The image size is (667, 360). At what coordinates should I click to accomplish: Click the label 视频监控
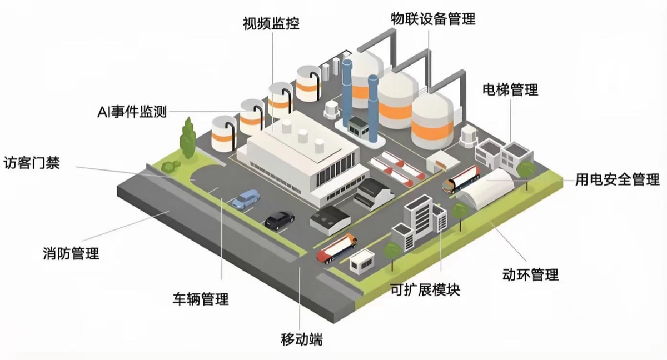pyautogui.click(x=271, y=24)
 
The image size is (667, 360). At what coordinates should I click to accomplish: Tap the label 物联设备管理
pyautogui.click(x=433, y=19)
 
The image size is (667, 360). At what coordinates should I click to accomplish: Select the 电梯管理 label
pyautogui.click(x=510, y=89)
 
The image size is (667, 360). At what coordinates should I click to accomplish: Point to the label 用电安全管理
pyautogui.click(x=618, y=179)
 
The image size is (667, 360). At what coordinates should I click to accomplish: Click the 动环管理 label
pyautogui.click(x=530, y=274)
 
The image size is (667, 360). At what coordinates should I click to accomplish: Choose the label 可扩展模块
pyautogui.click(x=425, y=289)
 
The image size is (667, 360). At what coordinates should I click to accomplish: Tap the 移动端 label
pyautogui.click(x=302, y=339)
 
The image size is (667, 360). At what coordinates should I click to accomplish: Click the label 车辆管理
pyautogui.click(x=201, y=299)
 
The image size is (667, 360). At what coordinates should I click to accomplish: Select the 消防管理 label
pyautogui.click(x=71, y=253)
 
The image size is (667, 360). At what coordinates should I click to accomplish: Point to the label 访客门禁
pyautogui.click(x=32, y=163)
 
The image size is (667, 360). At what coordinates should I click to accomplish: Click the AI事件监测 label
pyautogui.click(x=132, y=112)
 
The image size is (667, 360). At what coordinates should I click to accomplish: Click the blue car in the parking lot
pyautogui.click(x=246, y=199)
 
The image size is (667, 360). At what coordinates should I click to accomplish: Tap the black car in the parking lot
pyautogui.click(x=279, y=221)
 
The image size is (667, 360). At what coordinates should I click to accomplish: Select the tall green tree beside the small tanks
pyautogui.click(x=188, y=138)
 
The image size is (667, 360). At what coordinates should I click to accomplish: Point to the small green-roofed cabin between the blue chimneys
pyautogui.click(x=359, y=127)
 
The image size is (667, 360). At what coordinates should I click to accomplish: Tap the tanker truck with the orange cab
pyautogui.click(x=337, y=249)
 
